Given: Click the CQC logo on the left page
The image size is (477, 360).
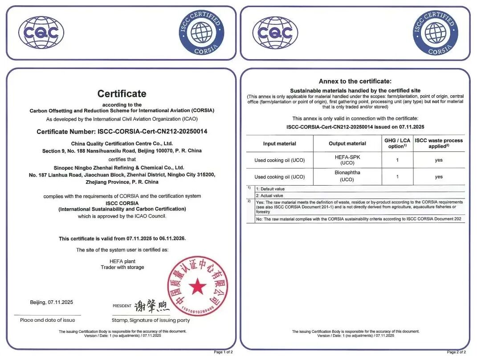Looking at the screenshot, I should (x=41, y=32).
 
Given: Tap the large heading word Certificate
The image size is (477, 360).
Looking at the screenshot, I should (x=122, y=93).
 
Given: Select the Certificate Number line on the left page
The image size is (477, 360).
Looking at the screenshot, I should (x=122, y=132).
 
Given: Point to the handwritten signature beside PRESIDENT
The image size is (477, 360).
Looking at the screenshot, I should (x=152, y=306).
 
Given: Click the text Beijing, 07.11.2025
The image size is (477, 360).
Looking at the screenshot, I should (x=51, y=302).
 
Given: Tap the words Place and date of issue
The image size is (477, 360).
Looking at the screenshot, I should (x=48, y=320).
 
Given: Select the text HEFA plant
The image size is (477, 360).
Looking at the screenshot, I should (x=122, y=261).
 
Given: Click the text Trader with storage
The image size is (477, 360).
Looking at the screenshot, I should (x=122, y=267).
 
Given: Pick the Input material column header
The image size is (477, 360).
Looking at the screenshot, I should (x=279, y=143).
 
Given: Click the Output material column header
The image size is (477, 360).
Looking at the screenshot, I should (x=347, y=143).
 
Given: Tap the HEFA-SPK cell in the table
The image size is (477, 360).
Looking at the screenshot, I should (x=347, y=160).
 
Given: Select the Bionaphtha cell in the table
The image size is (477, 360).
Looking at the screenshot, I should (x=347, y=176).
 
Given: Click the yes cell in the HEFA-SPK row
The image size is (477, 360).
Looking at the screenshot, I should (x=439, y=160).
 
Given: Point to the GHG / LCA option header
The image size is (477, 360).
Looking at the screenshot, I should (x=397, y=143).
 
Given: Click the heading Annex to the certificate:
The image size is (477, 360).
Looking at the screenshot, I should (x=355, y=81).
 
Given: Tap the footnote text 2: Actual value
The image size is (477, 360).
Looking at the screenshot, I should (x=269, y=195).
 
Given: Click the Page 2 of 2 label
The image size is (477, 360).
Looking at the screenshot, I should (x=456, y=352).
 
